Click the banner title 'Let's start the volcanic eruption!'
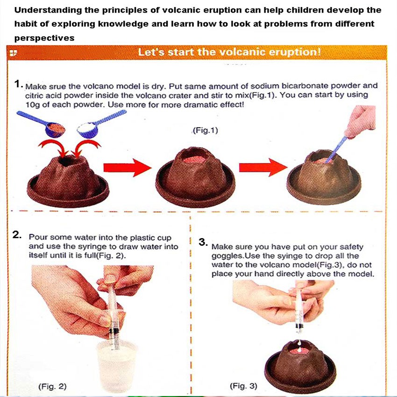pyautogui.click(x=229, y=52)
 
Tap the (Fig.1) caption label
pyautogui.click(x=206, y=130)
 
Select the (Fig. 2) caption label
pyautogui.click(x=52, y=386)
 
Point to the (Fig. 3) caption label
pyautogui.click(x=243, y=386)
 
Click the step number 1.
pyautogui.click(x=19, y=84)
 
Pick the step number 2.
pyautogui.click(x=17, y=235)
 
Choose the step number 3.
pyautogui.click(x=203, y=242)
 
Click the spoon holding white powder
pyautogui.click(x=101, y=124)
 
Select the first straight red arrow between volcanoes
pyautogui.click(x=128, y=168)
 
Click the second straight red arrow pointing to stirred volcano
pyautogui.click(x=263, y=167)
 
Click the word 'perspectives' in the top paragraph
pyautogui.click(x=44, y=38)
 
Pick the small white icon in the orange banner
pyautogui.click(x=13, y=53)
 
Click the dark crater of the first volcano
pyautogui.click(x=66, y=161)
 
